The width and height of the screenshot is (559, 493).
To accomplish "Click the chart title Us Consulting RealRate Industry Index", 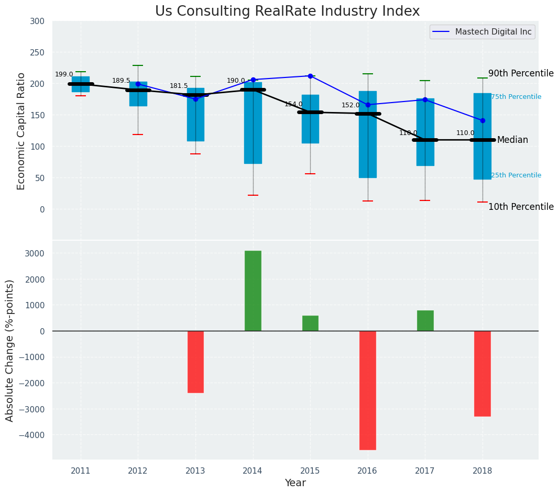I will pyautogui.click(x=287, y=12).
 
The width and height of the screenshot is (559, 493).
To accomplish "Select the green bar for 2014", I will pyautogui.click(x=253, y=291).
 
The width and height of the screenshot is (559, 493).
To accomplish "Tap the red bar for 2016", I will pyautogui.click(x=367, y=390).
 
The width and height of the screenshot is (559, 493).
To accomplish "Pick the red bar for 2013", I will pyautogui.click(x=195, y=362).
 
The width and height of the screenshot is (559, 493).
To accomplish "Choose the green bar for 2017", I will pyautogui.click(x=425, y=320).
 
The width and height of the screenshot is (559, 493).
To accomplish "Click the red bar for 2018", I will pyautogui.click(x=483, y=373).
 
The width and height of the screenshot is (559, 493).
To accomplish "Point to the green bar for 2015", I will pyautogui.click(x=310, y=323).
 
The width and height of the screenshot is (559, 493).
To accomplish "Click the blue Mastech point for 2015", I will pyautogui.click(x=310, y=76).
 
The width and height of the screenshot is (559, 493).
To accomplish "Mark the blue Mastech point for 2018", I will pyautogui.click(x=483, y=120).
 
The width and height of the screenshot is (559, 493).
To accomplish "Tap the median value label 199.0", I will pyautogui.click(x=64, y=74).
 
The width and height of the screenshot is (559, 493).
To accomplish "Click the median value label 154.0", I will pyautogui.click(x=293, y=104).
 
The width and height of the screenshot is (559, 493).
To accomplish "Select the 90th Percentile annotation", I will pyautogui.click(x=521, y=73).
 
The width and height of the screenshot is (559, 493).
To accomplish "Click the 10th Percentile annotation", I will pyautogui.click(x=521, y=207).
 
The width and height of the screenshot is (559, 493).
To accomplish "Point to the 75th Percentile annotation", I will pyautogui.click(x=516, y=97).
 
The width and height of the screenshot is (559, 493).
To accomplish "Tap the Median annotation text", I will pyautogui.click(x=512, y=140).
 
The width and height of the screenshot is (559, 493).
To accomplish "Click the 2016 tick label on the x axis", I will pyautogui.click(x=367, y=470).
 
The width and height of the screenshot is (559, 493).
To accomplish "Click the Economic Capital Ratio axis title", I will pyautogui.click(x=21, y=131).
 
